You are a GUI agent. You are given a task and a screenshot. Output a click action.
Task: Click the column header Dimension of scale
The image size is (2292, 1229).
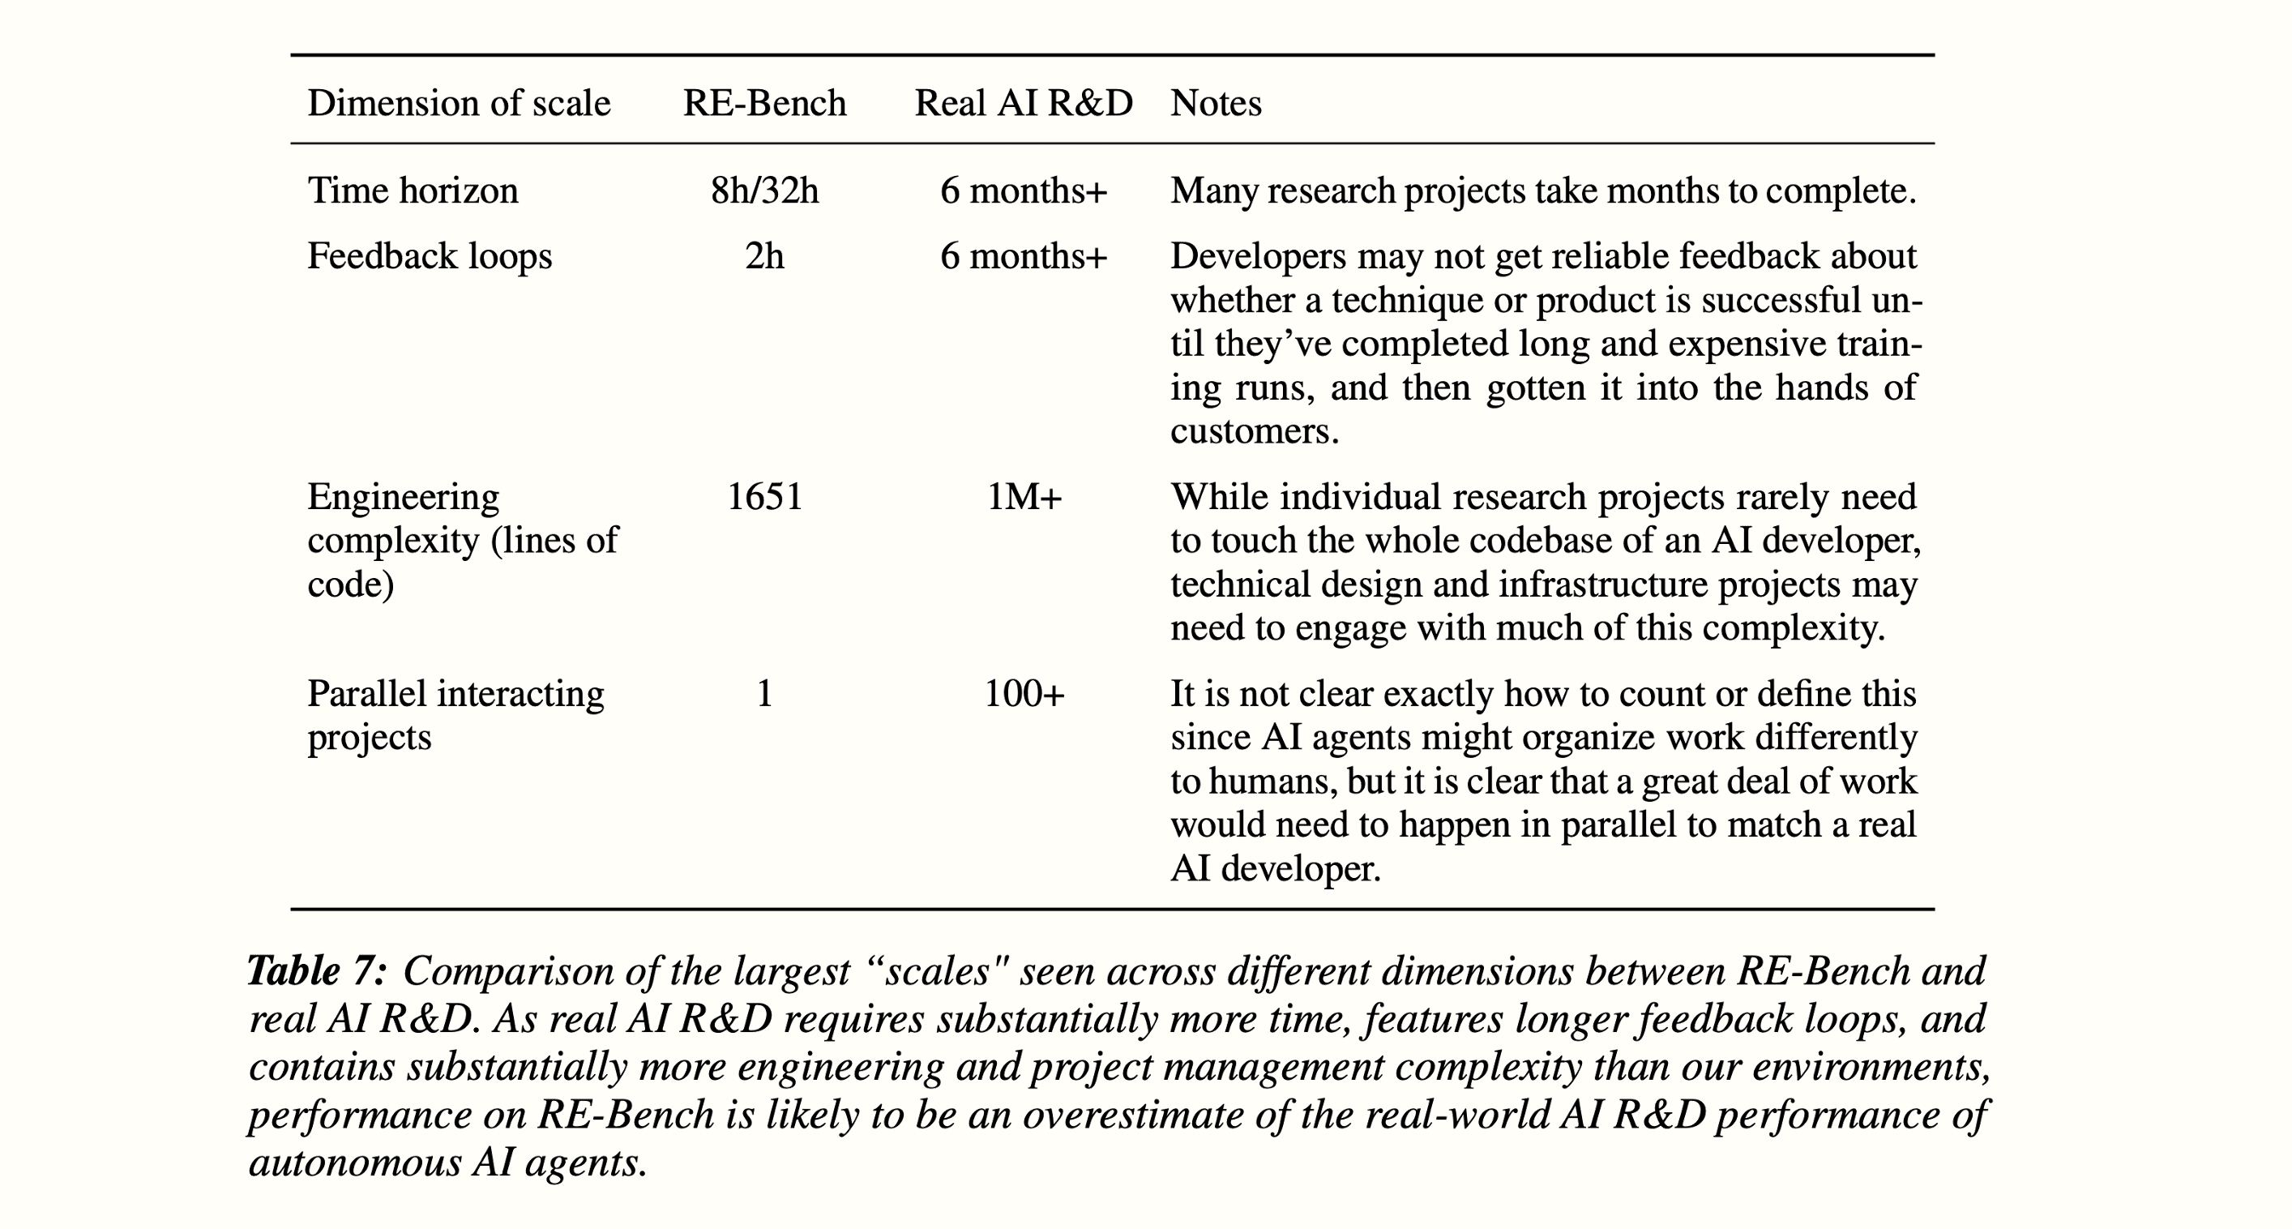[x=458, y=103]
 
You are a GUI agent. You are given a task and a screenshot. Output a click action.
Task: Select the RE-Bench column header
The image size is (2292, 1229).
[x=764, y=103]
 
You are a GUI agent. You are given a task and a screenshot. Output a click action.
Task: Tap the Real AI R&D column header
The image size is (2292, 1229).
[x=1023, y=103]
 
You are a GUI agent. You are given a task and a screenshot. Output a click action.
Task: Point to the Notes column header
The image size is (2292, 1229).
[x=1216, y=103]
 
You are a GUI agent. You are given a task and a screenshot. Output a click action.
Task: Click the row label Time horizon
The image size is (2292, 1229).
[x=413, y=191]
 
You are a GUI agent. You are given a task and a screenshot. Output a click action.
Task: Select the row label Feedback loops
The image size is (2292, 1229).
[x=430, y=256]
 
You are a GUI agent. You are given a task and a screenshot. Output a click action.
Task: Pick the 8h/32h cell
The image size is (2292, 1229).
[x=764, y=191]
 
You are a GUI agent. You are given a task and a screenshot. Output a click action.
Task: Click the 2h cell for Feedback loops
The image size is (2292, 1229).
[x=764, y=256]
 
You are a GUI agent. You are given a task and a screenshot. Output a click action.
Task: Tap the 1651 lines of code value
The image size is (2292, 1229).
[x=764, y=497]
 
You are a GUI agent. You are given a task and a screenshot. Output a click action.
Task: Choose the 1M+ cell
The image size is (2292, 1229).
[x=1024, y=497]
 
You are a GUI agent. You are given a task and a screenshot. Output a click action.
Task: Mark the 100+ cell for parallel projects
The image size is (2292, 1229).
[x=1024, y=694]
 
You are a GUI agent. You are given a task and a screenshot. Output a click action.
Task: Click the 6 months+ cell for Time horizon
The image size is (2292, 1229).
[x=1023, y=191]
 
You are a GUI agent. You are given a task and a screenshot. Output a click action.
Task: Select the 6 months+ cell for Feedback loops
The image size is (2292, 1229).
[x=1023, y=256]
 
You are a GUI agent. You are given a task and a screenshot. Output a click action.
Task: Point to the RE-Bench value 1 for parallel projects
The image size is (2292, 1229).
[x=764, y=694]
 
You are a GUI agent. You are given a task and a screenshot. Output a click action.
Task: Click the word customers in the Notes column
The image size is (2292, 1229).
[x=1253, y=431]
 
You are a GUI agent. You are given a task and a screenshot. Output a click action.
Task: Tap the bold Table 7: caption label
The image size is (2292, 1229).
[x=317, y=971]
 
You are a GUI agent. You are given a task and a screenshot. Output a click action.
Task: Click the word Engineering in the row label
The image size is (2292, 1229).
[x=403, y=497]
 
